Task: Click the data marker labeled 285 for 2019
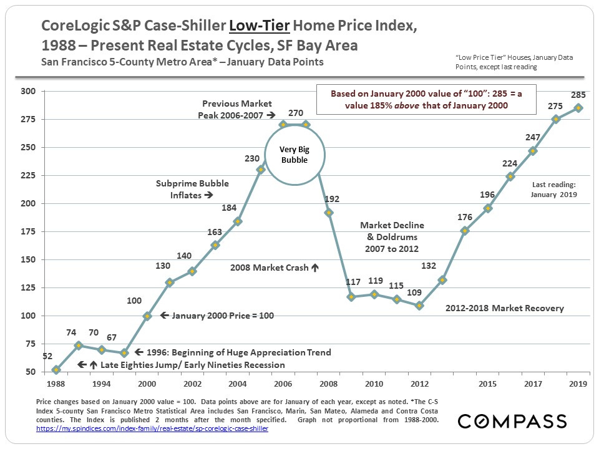pyautogui.click(x=578, y=108)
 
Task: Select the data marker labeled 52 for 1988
pyautogui.click(x=56, y=370)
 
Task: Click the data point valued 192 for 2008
pyautogui.click(x=329, y=213)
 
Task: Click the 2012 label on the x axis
pyautogui.click(x=419, y=384)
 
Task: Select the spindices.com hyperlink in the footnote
pyautogui.click(x=152, y=430)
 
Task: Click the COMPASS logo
pyautogui.click(x=512, y=421)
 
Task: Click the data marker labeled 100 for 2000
pyautogui.click(x=147, y=316)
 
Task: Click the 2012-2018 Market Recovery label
pyautogui.click(x=505, y=308)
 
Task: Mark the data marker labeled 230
pyautogui.click(x=261, y=170)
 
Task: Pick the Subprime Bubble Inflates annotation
pyautogui.click(x=192, y=189)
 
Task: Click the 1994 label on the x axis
pyautogui.click(x=102, y=384)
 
